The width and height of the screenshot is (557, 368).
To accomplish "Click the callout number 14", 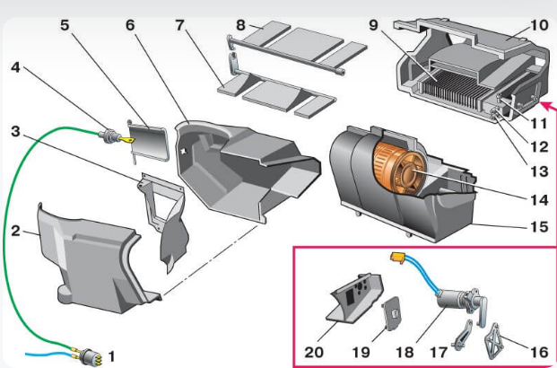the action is click(x=539, y=200).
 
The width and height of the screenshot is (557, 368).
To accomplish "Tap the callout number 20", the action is click(x=314, y=353).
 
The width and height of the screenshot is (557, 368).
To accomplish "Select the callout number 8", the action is click(x=240, y=25).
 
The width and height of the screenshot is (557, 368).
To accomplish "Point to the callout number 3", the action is click(x=15, y=132).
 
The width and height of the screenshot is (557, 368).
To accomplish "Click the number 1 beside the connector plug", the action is click(x=111, y=356).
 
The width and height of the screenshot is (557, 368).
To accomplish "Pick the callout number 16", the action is click(x=539, y=353).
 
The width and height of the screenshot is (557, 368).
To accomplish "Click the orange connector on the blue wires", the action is click(x=398, y=258).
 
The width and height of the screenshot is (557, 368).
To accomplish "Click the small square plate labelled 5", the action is click(x=148, y=139).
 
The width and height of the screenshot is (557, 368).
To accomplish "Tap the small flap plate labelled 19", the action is click(x=392, y=314).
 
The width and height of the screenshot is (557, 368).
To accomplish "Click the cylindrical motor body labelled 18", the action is click(x=452, y=302).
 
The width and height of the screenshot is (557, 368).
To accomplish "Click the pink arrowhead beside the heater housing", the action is click(x=549, y=106).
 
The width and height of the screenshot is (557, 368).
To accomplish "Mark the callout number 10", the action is click(x=539, y=25).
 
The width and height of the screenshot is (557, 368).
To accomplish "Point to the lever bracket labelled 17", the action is click(x=463, y=335).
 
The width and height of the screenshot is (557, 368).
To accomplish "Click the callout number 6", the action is click(x=130, y=25).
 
